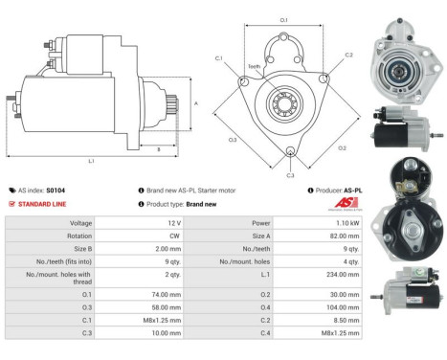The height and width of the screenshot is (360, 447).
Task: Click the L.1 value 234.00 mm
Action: (x=331, y=274)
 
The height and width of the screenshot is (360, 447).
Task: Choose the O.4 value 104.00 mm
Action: (x=331, y=308)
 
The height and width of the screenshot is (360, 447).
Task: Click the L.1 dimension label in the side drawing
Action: (x=92, y=160)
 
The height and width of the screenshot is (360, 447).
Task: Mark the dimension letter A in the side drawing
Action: (x=195, y=102)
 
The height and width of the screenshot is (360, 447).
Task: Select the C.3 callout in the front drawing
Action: (x=291, y=175)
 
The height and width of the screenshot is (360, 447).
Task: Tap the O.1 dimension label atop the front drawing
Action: (x=283, y=18)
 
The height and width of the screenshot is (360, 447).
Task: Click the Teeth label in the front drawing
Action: (x=254, y=66)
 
